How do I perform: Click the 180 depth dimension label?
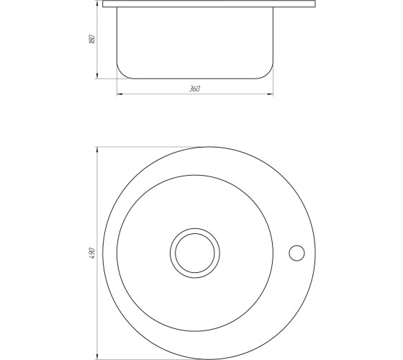click(x=92, y=39)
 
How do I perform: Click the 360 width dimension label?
click(x=194, y=89)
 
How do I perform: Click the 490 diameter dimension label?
click(x=93, y=253)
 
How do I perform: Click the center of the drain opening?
click(x=195, y=253)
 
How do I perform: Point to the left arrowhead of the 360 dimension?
click(x=119, y=94)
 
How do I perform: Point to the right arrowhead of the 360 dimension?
click(x=271, y=94)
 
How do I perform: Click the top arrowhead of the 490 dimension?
click(x=97, y=150)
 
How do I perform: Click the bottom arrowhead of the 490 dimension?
click(x=97, y=356)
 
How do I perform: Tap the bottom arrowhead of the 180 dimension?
click(x=97, y=76)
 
